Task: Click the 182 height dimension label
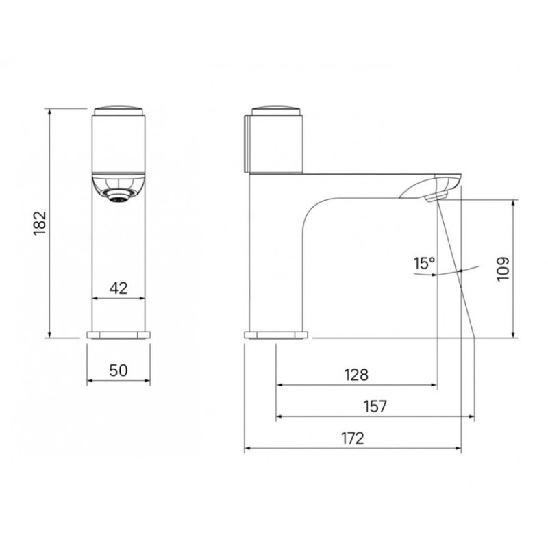[40, 223]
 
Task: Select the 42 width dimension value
[119, 288]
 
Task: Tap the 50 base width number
[119, 371]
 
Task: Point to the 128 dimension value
[356, 375]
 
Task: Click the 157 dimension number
[375, 406]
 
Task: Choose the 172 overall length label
[353, 438]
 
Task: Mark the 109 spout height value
[503, 269]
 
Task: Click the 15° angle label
[424, 263]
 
